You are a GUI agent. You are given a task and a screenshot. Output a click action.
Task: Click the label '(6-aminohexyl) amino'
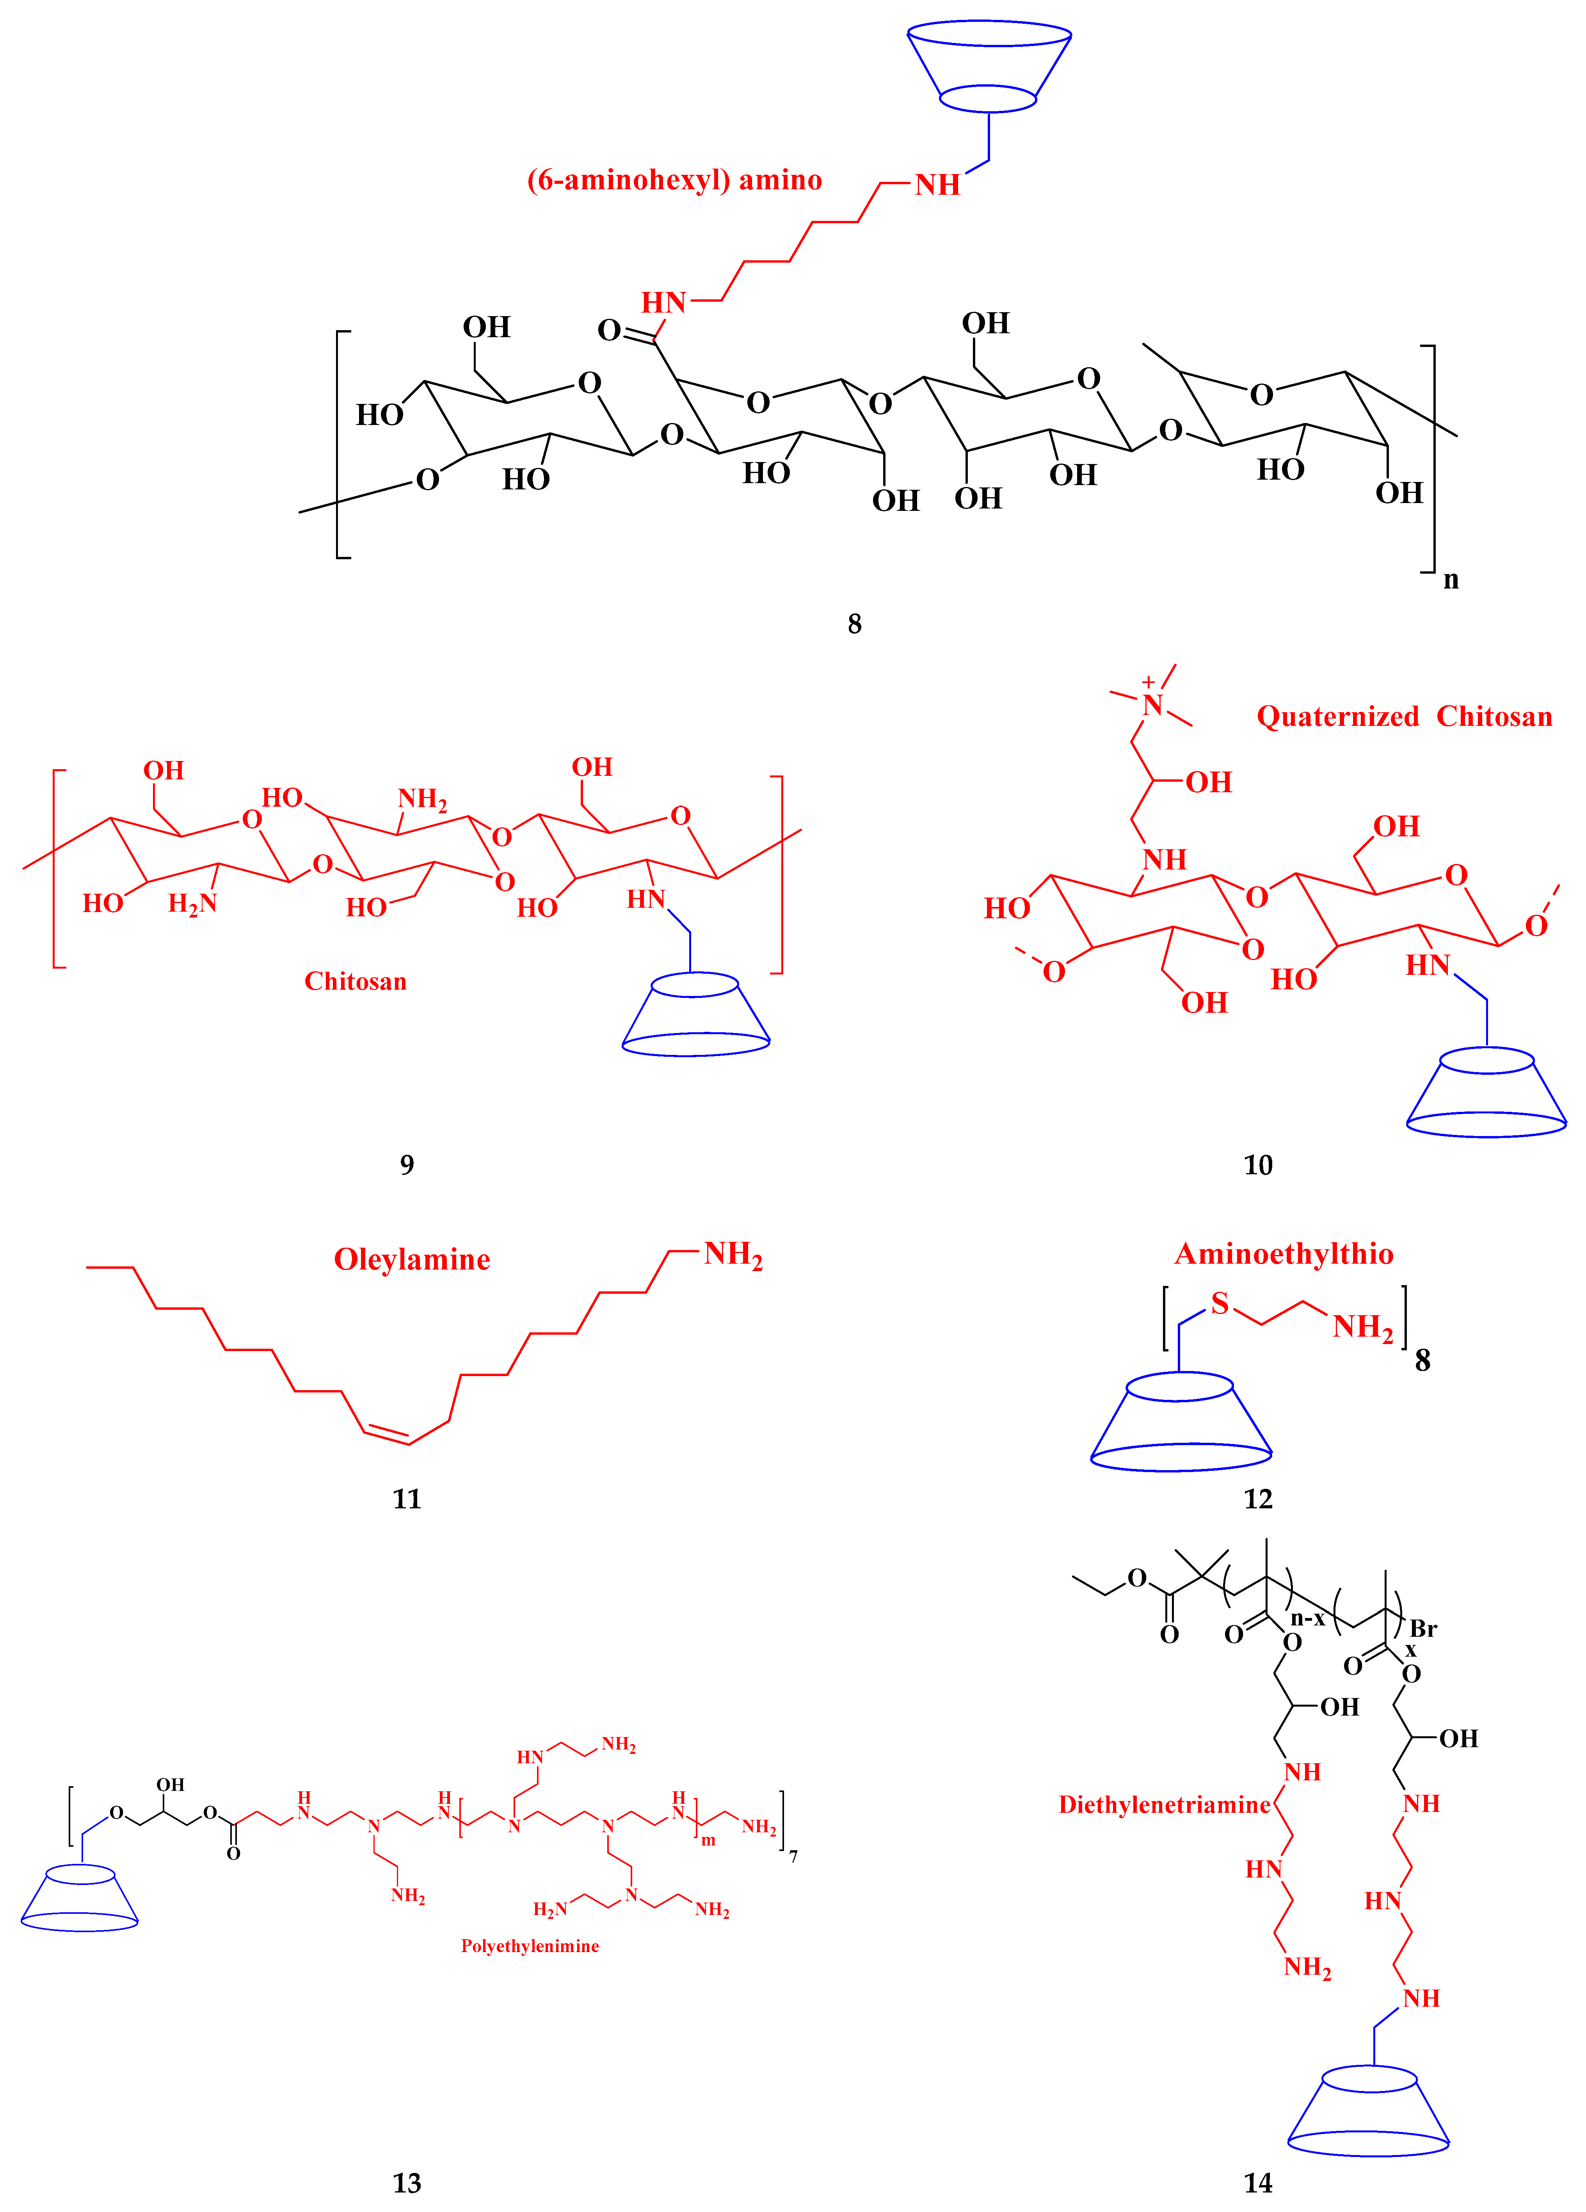pos(674,180)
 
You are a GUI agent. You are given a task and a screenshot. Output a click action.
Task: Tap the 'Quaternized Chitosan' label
pos(1404,717)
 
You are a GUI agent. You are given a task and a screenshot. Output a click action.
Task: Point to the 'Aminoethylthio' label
pos(1284,1254)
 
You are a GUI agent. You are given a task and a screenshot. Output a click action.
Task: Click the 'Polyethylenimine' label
pos(530,1946)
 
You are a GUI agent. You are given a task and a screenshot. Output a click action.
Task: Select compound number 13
pos(407,2183)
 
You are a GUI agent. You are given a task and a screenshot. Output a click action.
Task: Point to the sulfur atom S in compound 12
pos(1219,1304)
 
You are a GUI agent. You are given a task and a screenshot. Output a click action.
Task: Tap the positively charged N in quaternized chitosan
pos(1153,704)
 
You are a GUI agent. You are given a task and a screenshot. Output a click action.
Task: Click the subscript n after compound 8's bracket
pos(1451,580)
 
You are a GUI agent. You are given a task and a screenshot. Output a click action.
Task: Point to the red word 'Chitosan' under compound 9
pos(355,981)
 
